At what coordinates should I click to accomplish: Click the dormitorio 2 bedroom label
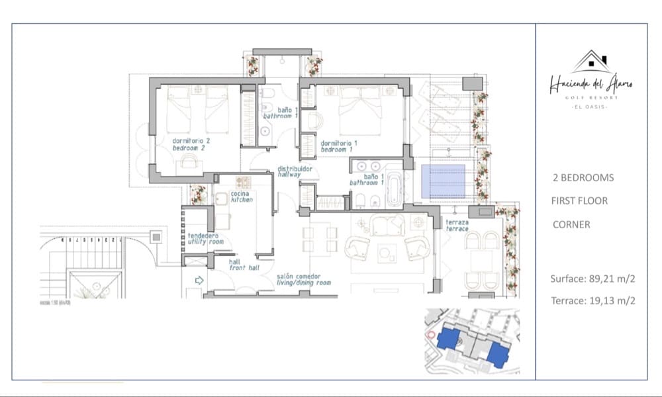click(191, 144)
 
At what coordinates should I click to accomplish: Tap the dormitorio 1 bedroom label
click(339, 146)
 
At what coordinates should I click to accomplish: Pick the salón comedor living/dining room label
click(303, 279)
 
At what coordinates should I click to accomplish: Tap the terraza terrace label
click(457, 226)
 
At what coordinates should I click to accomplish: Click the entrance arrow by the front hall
click(198, 280)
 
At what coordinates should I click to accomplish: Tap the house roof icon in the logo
click(591, 62)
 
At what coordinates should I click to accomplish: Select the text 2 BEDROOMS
click(583, 178)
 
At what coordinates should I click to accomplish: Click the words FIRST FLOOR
click(579, 200)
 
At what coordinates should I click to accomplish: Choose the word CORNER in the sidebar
click(571, 225)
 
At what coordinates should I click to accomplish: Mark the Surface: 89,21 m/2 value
click(593, 279)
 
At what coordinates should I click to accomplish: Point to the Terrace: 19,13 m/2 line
click(593, 300)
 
